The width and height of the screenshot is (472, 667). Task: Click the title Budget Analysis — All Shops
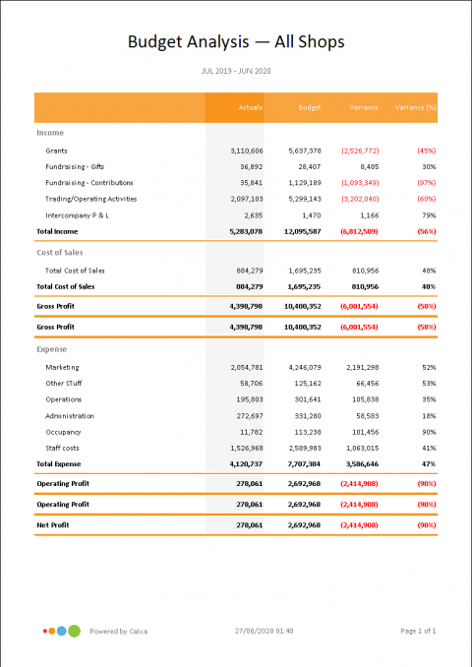(x=236, y=41)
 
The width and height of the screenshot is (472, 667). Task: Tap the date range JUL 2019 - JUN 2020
(x=236, y=72)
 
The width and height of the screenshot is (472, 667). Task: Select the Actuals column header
(x=250, y=106)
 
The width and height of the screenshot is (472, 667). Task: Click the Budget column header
(x=308, y=106)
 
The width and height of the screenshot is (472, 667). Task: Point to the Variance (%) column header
(x=415, y=106)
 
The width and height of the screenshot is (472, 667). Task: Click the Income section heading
(x=50, y=131)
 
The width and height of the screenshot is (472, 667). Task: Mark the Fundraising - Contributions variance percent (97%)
(x=425, y=182)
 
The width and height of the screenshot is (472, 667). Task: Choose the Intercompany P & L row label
(x=82, y=213)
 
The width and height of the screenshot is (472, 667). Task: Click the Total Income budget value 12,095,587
(x=300, y=230)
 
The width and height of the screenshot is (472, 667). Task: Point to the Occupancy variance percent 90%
(x=428, y=431)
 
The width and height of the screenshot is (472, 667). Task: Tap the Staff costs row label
(x=64, y=447)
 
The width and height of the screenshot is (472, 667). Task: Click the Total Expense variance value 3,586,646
(x=358, y=462)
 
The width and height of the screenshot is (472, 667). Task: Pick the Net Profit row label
(x=56, y=525)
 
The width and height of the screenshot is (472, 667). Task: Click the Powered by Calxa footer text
(x=119, y=631)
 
